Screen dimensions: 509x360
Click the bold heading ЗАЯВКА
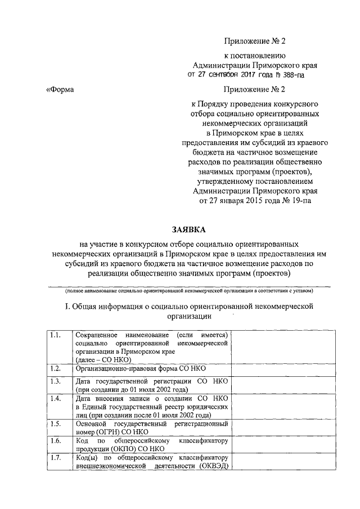(189, 229)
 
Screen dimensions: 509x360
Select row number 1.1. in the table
(55, 335)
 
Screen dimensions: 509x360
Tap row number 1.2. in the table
(55, 368)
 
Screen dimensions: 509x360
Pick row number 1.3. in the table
(55, 381)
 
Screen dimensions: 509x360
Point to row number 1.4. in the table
(55, 398)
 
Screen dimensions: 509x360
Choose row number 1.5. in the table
(55, 424)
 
